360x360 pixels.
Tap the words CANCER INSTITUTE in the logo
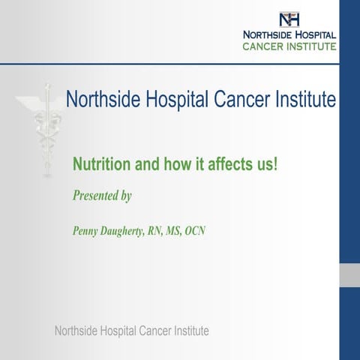pyautogui.click(x=289, y=46)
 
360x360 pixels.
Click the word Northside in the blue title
pyautogui.click(x=100, y=99)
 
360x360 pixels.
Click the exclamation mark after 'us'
pyautogui.click(x=275, y=163)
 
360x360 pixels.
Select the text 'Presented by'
pyautogui.click(x=102, y=196)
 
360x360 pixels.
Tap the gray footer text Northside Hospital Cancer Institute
pyautogui.click(x=132, y=331)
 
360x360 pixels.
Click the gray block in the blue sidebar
pyautogui.click(x=349, y=274)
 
